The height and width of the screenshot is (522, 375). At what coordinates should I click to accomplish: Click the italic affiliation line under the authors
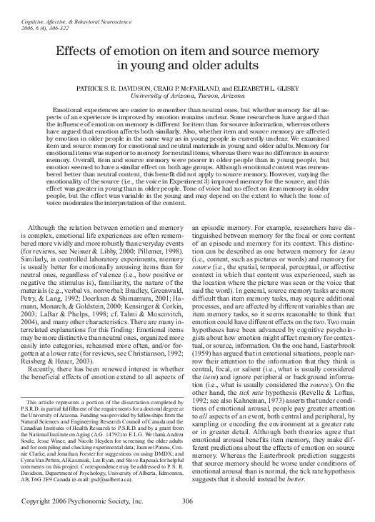point(187,92)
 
